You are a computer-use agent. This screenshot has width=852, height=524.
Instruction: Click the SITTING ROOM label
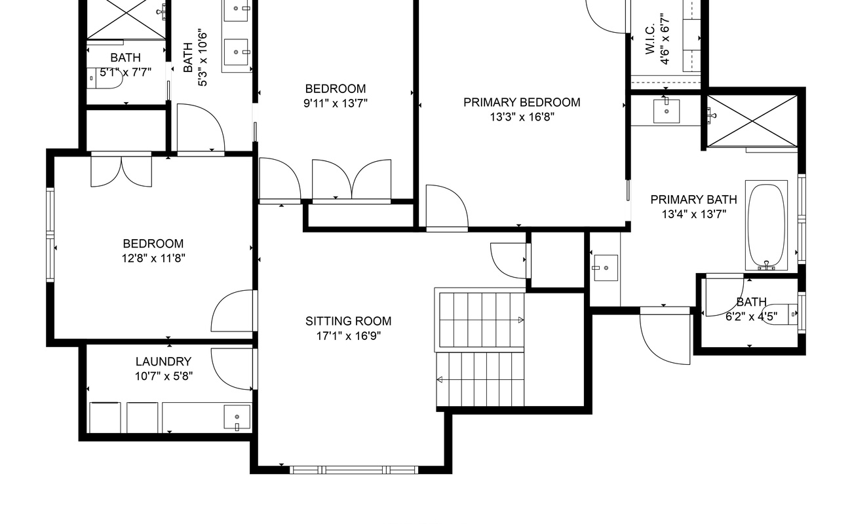pyautogui.click(x=348, y=322)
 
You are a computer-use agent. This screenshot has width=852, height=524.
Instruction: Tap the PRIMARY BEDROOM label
pyautogui.click(x=522, y=102)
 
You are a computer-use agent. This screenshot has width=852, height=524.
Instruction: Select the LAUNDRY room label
pyautogui.click(x=164, y=362)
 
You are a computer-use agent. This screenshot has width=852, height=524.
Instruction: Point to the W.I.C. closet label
pyautogui.click(x=650, y=39)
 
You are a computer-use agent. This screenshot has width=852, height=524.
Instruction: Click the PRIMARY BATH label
pyautogui.click(x=694, y=200)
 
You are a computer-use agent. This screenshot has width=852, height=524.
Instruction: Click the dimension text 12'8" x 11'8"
pyautogui.click(x=153, y=259)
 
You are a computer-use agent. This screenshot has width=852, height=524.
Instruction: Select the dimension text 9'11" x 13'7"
pyautogui.click(x=336, y=103)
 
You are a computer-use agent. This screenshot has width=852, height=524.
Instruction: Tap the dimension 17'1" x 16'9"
pyautogui.click(x=349, y=336)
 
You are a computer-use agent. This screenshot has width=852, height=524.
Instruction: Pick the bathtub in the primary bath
pyautogui.click(x=766, y=225)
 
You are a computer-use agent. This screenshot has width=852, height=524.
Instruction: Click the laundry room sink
pyautogui.click(x=237, y=417)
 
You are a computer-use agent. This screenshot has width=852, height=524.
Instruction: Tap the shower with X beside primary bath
pyautogui.click(x=752, y=121)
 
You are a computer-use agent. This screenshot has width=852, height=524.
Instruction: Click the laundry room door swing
pyautogui.click(x=232, y=369)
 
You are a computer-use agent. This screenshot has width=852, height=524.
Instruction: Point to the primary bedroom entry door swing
pyautogui.click(x=447, y=207)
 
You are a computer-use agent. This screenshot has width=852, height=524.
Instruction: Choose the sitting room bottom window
pyautogui.click(x=354, y=470)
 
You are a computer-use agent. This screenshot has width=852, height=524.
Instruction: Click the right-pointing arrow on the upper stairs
pyautogui.click(x=521, y=320)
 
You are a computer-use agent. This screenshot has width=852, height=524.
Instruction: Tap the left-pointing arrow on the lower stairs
pyautogui.click(x=440, y=379)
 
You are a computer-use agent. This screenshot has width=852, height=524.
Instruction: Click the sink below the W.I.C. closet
pyautogui.click(x=667, y=111)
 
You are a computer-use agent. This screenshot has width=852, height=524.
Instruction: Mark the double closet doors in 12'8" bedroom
pyautogui.click(x=121, y=171)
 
